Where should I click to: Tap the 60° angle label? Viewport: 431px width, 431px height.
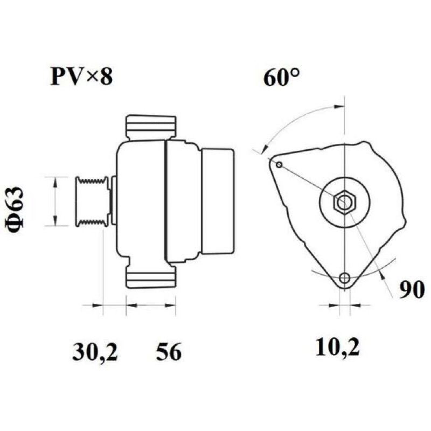coord(281,78)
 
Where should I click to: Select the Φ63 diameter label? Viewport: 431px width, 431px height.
coord(15,207)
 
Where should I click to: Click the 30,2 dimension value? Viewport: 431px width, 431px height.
coord(95,352)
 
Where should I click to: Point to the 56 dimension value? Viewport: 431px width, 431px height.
coord(169,352)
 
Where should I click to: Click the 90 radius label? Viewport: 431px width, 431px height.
coord(412,290)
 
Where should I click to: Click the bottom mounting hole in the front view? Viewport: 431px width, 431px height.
coord(344,278)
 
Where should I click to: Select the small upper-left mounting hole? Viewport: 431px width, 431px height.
coord(279,165)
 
